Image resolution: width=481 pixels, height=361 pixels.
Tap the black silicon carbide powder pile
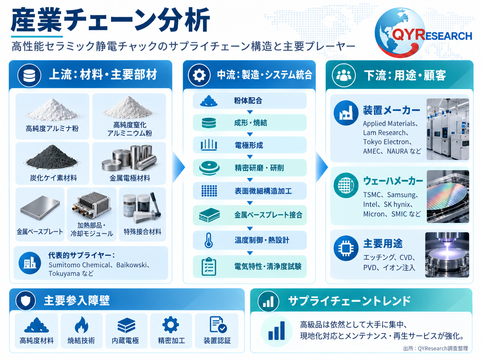52,157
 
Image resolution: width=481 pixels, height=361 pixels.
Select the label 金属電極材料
130,178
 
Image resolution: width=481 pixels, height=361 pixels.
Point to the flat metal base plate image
40,207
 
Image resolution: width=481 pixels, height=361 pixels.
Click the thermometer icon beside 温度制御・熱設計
208,240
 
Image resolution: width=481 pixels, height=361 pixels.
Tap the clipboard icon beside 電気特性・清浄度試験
209,266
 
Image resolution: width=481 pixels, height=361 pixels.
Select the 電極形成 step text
249,145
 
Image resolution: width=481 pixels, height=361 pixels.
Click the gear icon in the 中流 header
199,75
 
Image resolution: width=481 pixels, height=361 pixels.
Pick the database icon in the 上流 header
29,75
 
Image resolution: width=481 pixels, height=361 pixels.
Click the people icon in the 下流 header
343,75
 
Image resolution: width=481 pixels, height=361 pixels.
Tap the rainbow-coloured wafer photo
448,196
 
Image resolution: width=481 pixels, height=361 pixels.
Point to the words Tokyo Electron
386,142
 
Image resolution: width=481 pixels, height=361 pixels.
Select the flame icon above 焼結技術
81,325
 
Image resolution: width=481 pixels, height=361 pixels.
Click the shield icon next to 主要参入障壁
26,300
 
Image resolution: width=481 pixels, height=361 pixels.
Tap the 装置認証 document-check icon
218,324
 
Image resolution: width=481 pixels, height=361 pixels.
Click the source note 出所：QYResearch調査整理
435,348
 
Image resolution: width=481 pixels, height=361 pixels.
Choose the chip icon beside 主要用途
346,248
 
